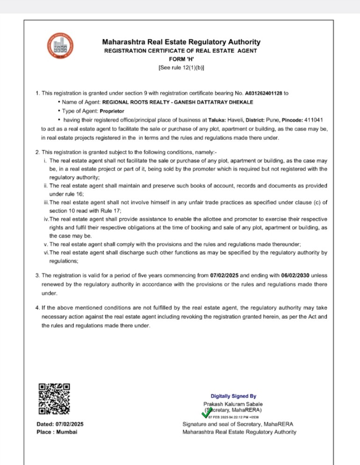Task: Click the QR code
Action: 54,399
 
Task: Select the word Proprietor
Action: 113,111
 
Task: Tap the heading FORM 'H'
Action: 181,59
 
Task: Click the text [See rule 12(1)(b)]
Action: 181,68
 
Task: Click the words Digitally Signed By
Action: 233,396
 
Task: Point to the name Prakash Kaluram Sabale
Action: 233,404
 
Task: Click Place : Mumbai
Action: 57,432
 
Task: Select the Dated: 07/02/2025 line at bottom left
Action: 60,424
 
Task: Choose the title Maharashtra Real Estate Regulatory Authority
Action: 181,42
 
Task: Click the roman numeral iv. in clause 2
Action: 47,219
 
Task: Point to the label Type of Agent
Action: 79,111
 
